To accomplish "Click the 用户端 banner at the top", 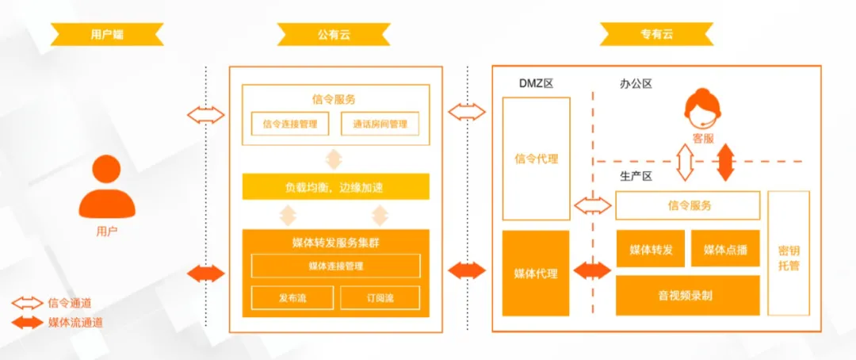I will (x=107, y=34).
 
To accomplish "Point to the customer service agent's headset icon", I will (x=702, y=111).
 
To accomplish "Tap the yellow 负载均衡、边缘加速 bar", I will (x=335, y=187).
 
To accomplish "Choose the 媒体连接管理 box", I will (x=335, y=266).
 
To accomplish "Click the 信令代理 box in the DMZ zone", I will (x=537, y=159).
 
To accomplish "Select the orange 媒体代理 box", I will (x=536, y=274).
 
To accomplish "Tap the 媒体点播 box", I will (x=725, y=249).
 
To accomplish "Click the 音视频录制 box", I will (x=687, y=296).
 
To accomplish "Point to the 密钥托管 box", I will (x=789, y=252).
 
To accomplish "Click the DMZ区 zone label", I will (x=536, y=83).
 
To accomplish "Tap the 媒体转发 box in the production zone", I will (x=651, y=249).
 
